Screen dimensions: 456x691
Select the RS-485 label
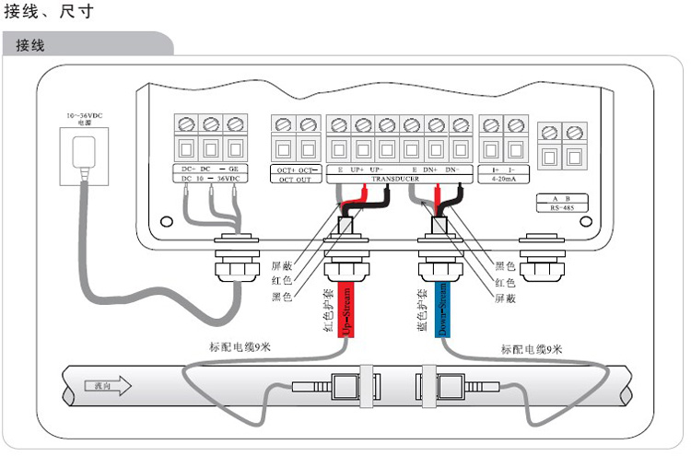(x=561, y=209)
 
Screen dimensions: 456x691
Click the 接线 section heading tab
(x=31, y=45)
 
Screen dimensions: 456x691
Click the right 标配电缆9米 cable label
(x=532, y=349)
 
